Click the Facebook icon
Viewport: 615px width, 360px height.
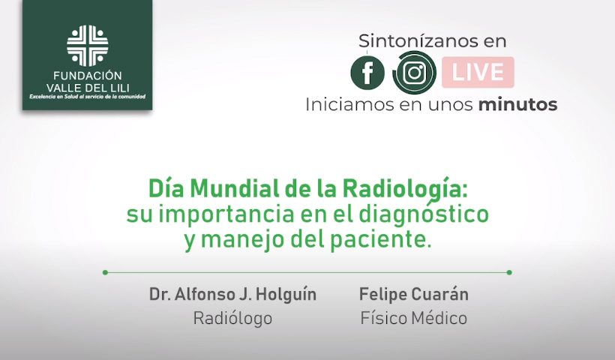(367, 73)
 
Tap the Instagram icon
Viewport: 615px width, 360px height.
(415, 73)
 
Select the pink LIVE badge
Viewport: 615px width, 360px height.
(478, 72)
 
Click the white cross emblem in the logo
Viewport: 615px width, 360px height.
(88, 46)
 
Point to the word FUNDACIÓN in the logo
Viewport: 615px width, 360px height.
(88, 75)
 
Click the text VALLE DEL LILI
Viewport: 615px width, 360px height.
(88, 88)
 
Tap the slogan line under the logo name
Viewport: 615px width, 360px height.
(88, 97)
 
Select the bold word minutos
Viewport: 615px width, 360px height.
(517, 104)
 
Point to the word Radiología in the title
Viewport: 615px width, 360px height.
(405, 190)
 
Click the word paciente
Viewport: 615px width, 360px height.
(380, 241)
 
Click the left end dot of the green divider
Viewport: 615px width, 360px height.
(105, 272)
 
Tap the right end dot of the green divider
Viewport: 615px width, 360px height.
(509, 272)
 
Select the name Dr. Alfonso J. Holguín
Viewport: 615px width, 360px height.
(232, 294)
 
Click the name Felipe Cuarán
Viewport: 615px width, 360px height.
(414, 294)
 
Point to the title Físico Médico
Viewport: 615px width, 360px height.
(414, 318)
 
